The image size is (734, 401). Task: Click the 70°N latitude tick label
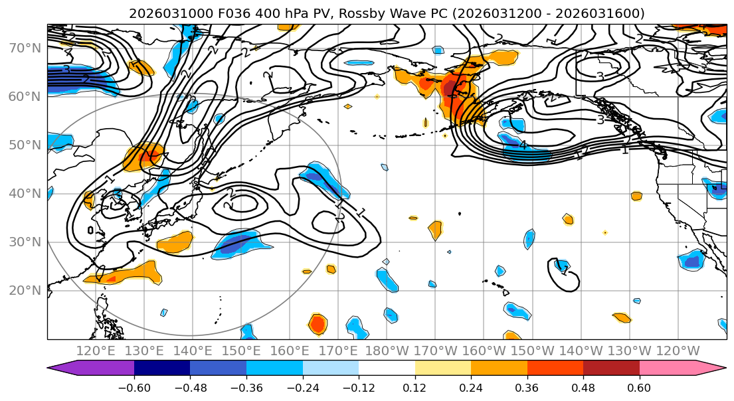pos(25,48)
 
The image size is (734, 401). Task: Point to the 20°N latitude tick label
pos(25,290)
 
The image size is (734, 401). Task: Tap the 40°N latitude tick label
pos(25,193)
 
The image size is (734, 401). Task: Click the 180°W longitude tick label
pos(386,351)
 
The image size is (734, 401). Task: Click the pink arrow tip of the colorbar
pos(717,368)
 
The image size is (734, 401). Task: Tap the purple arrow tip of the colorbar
pos(56,368)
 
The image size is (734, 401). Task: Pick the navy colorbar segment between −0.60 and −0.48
pos(162,368)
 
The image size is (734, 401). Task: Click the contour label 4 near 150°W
pos(523,145)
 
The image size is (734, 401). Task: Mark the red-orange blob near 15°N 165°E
pos(318,324)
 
